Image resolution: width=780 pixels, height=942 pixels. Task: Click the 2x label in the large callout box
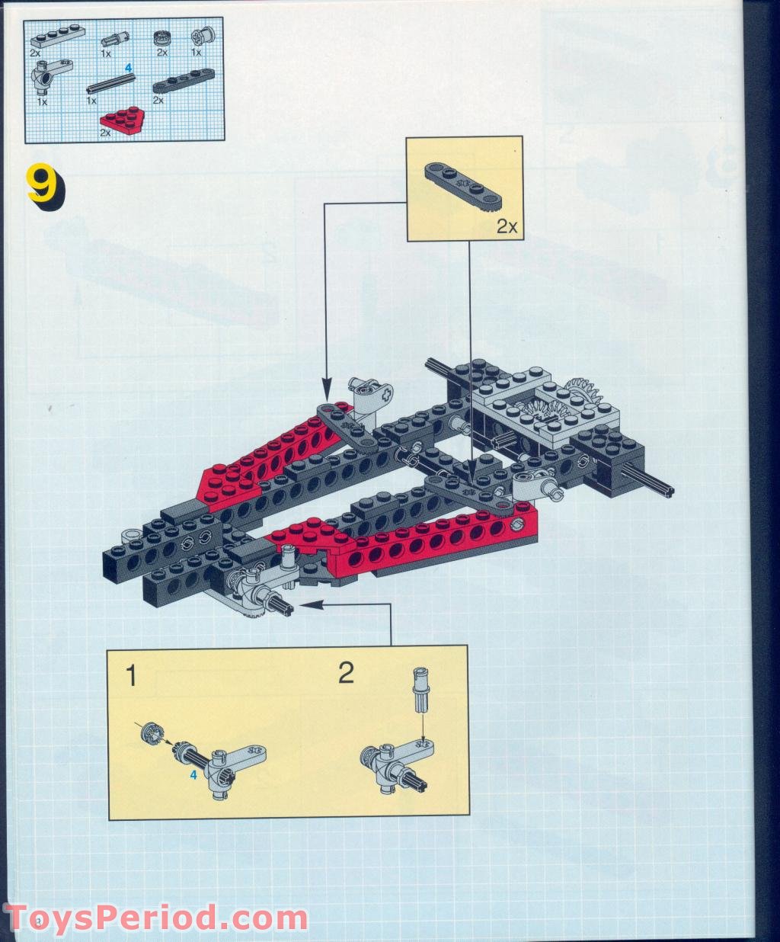click(x=506, y=226)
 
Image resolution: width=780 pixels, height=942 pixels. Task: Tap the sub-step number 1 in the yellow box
click(x=131, y=675)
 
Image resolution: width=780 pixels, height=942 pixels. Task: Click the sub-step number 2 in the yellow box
click(x=346, y=674)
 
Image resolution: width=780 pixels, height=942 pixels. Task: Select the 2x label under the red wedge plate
click(x=104, y=133)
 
